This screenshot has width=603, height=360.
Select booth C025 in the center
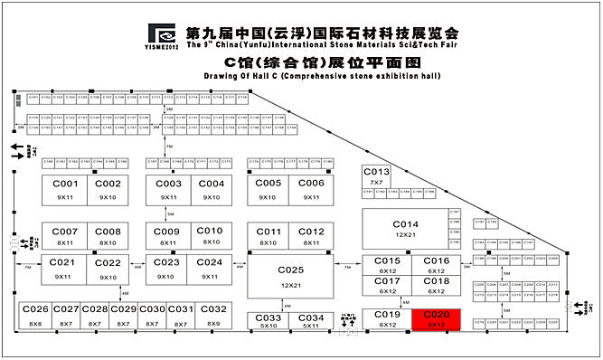[290, 276]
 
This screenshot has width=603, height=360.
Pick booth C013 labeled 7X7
[376, 175]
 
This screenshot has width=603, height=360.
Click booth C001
[65, 189]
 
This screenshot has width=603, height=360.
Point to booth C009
[168, 236]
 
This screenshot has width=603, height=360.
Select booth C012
[310, 236]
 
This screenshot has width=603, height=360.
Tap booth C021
[65, 268]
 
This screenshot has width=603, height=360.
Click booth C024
[210, 268]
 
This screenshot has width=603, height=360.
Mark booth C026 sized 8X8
[35, 315]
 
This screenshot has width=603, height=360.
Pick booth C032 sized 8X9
[213, 315]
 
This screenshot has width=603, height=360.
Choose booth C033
[269, 321]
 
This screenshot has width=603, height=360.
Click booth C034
[310, 321]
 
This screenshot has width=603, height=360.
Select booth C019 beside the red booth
[388, 318]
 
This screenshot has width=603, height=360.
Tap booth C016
[437, 264]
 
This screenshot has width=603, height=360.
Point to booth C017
[388, 285]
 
